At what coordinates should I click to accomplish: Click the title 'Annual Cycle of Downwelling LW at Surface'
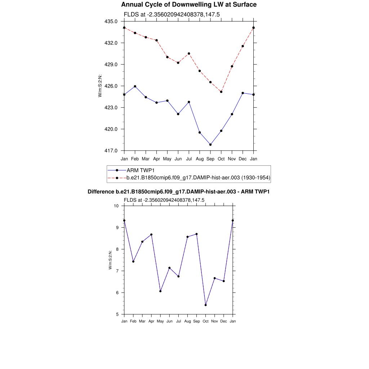click(189, 5)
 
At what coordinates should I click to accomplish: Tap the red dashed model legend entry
click(198, 178)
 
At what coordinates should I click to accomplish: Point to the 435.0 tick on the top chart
click(111, 21)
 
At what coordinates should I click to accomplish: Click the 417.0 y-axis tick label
click(111, 151)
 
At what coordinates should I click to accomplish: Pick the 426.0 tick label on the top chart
click(111, 86)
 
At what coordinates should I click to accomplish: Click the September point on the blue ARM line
click(210, 145)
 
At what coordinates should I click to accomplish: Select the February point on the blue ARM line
click(135, 86)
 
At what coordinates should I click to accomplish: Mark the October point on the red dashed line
click(221, 92)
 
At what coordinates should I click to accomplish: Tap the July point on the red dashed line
click(189, 53)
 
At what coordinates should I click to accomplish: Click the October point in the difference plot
click(205, 305)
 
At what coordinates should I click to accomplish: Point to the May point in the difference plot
click(160, 291)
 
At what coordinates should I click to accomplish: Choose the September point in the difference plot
click(196, 234)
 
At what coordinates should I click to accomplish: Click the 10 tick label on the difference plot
click(116, 206)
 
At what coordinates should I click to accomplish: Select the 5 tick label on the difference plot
click(117, 314)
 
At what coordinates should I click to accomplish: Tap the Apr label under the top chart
click(156, 159)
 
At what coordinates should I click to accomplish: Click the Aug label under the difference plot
click(187, 321)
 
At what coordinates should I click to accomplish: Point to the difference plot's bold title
click(179, 192)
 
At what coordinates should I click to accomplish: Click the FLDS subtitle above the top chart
click(172, 14)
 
